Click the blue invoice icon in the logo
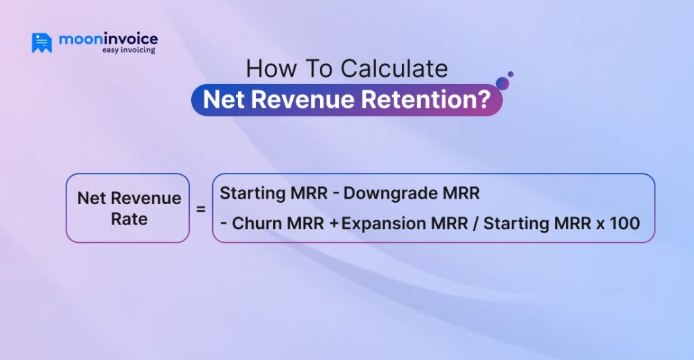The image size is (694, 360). click(41, 43)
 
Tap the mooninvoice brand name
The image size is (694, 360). click(108, 39)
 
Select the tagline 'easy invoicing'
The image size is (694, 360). click(128, 50)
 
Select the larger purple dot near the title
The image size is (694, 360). click(502, 83)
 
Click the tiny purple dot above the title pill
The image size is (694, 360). click(510, 74)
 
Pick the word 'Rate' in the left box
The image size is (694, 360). click(129, 220)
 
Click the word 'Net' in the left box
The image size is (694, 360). click(91, 198)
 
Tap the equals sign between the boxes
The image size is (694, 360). click(201, 209)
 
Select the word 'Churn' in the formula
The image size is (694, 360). click(255, 224)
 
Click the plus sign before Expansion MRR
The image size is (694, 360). click(333, 224)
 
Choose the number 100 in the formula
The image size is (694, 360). click(626, 224)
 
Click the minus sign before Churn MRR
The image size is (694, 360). click(224, 224)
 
